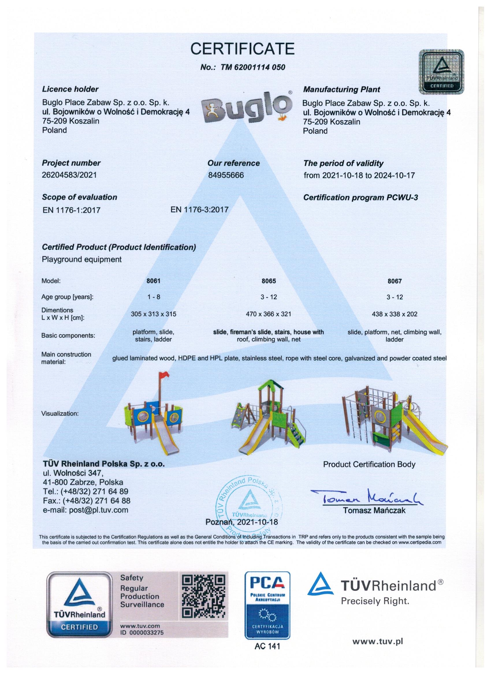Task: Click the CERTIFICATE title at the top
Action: tap(242, 49)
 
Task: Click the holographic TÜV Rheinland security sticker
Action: tap(441, 72)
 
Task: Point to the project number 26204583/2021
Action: tap(69, 175)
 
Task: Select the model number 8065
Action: tap(269, 281)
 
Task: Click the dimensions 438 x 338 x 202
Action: tap(395, 314)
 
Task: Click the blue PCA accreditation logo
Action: tap(267, 604)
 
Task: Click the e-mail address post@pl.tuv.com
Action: tap(85, 510)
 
